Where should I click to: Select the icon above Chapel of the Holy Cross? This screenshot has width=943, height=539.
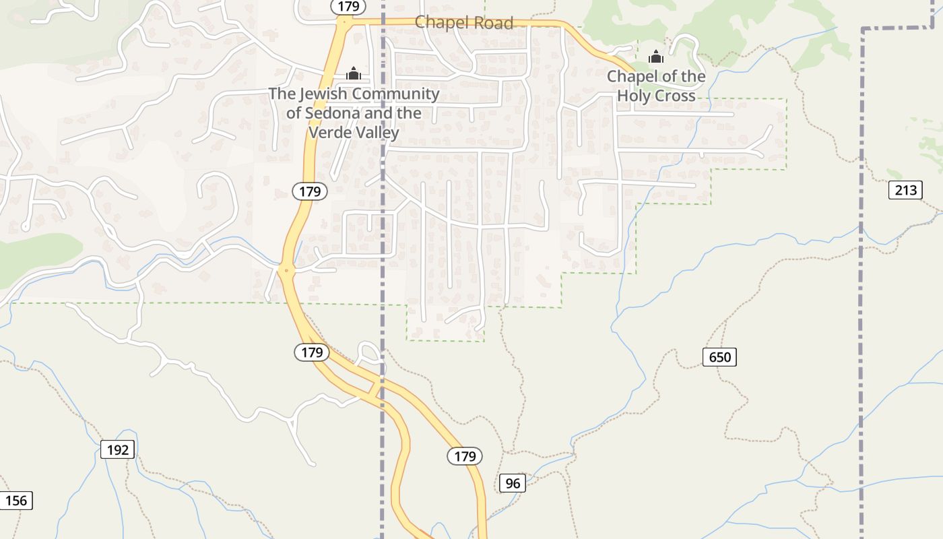[x=656, y=57]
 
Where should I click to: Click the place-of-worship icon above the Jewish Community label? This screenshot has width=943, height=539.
[x=354, y=73]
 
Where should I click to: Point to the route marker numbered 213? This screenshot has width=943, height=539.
[x=905, y=190]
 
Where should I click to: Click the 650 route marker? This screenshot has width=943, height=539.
[x=719, y=356]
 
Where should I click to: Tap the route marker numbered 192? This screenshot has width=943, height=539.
[x=118, y=449]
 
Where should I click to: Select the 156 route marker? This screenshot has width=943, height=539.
[x=15, y=501]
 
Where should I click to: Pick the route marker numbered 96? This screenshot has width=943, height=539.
[x=513, y=483]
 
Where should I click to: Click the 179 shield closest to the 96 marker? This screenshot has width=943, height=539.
[x=465, y=456]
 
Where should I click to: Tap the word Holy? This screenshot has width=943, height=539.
[x=637, y=96]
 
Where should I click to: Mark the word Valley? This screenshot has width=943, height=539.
[x=378, y=132]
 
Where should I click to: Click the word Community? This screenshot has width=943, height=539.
[x=395, y=94]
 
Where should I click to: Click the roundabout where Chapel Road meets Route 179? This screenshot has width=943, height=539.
[x=344, y=22]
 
